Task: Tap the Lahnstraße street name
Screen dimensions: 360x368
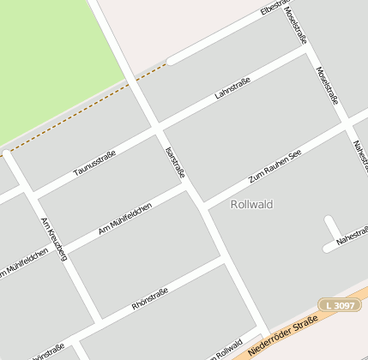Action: point(232,87)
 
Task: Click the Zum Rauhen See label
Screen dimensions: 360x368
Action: point(274,167)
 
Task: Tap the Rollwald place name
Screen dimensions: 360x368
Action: point(251,204)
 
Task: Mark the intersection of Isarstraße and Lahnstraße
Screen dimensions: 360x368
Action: point(156,129)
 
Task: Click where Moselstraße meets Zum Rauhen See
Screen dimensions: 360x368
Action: point(347,124)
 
